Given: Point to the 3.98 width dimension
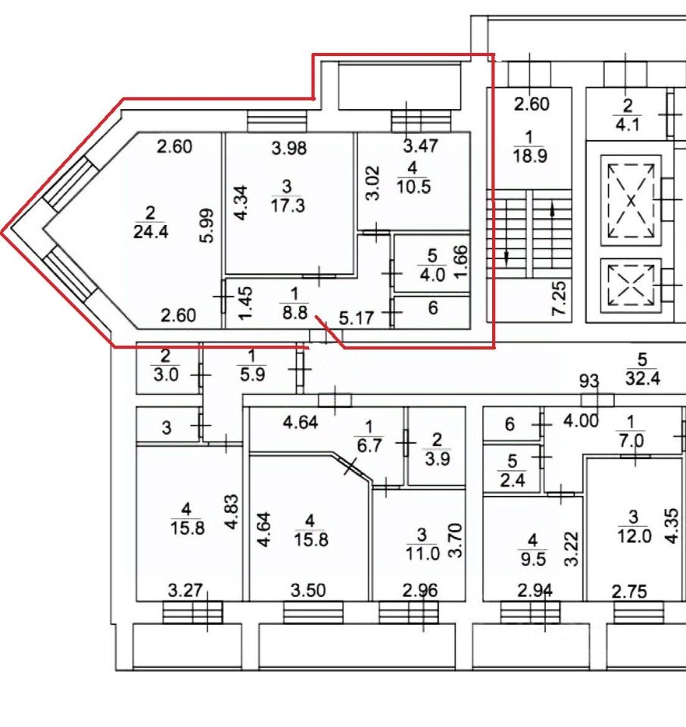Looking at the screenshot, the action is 289,148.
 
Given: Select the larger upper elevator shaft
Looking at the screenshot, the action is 630,200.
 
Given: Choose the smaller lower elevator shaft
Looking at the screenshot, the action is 630,285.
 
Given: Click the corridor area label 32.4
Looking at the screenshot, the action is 644,378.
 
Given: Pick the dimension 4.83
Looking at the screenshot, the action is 233,515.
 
